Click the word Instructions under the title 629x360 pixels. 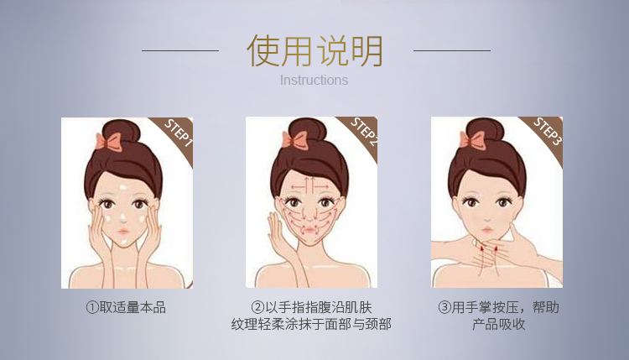314,81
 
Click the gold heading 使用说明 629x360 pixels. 314,51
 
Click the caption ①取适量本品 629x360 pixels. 126,307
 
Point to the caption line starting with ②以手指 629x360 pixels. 312,307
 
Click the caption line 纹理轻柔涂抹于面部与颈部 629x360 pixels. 311,324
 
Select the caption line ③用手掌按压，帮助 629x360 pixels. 498,307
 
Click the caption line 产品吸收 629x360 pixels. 498,324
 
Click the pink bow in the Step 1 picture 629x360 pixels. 108,142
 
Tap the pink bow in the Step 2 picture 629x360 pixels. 294,139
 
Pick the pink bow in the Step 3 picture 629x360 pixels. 472,140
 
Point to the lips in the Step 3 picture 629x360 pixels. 486,230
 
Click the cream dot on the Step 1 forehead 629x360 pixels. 123,187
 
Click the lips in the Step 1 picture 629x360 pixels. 123,232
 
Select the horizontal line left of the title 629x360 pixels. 180,51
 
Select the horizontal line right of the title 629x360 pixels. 452,51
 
